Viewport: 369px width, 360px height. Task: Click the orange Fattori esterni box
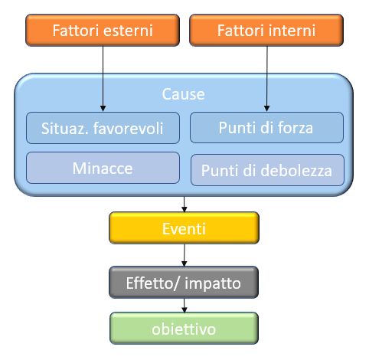[103, 30]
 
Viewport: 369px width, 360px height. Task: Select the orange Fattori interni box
[266, 30]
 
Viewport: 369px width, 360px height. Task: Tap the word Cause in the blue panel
[183, 94]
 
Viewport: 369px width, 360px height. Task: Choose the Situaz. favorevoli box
[103, 128]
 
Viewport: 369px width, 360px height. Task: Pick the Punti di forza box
[266, 127]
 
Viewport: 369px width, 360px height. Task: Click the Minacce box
[103, 168]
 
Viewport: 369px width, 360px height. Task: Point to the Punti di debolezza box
[267, 170]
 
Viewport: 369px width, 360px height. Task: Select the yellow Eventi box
[184, 228]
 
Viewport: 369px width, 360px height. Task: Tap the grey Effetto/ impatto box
[184, 283]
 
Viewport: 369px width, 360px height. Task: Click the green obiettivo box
[184, 329]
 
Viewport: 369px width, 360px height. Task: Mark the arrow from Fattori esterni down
[103, 79]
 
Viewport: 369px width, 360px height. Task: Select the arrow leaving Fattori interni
[267, 79]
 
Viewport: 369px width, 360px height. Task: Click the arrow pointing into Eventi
[184, 205]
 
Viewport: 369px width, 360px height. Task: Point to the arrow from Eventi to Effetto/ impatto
[184, 255]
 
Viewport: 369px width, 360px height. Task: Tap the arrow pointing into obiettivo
[184, 306]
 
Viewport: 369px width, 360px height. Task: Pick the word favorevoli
[128, 128]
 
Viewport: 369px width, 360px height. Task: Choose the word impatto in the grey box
[213, 284]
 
